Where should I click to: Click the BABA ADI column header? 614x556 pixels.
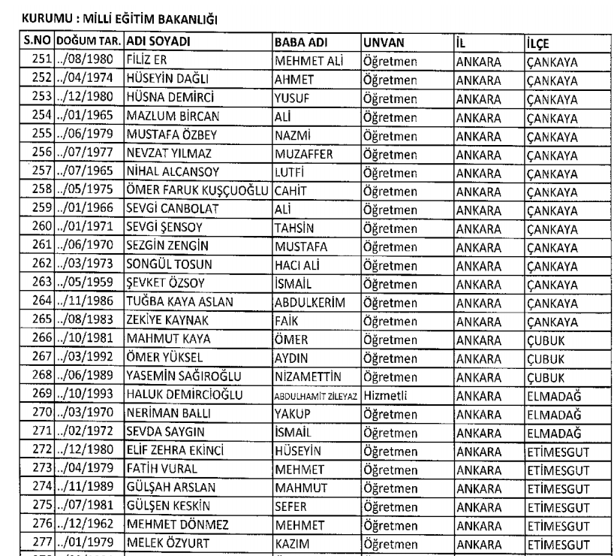coord(300,40)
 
